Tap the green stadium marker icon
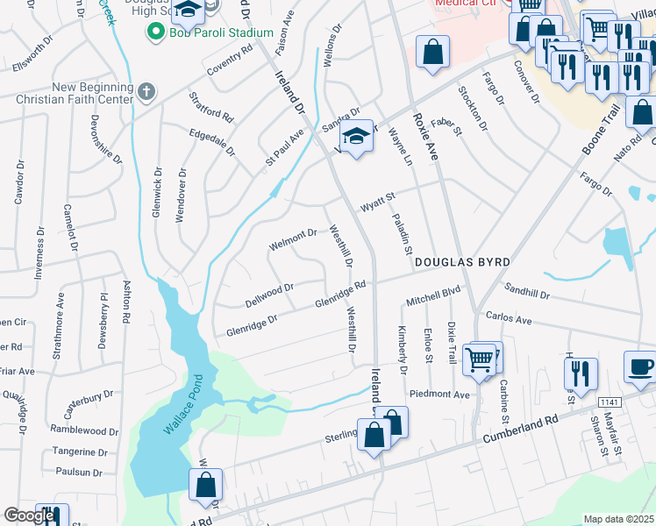tap(156, 32)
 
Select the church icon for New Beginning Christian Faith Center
tap(146, 90)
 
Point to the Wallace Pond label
tap(182, 404)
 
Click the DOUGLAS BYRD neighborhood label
tap(461, 262)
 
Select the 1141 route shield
tap(611, 402)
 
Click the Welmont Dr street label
tap(293, 239)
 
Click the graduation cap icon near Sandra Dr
tap(356, 137)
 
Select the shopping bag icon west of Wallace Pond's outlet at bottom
tap(205, 485)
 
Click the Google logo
tap(28, 515)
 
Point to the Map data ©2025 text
tap(619, 519)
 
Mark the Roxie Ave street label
tap(424, 134)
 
